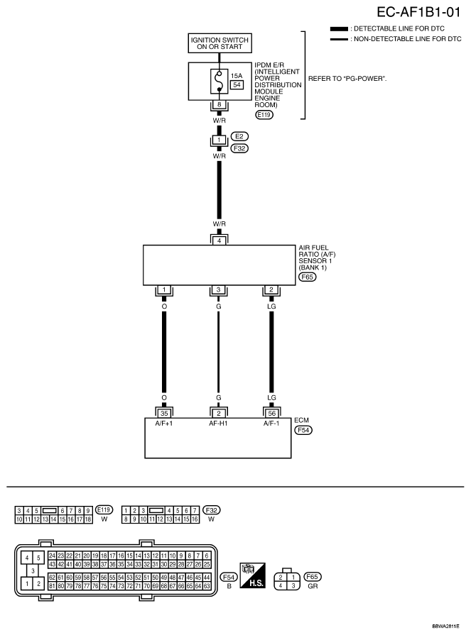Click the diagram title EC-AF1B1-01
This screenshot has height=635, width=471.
pos(418,12)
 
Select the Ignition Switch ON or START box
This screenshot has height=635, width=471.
pos(220,43)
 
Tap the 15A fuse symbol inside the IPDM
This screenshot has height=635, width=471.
pos(220,81)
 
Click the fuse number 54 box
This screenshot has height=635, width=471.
pos(237,84)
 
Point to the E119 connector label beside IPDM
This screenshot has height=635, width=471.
pos(264,115)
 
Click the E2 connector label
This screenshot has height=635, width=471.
pos(239,136)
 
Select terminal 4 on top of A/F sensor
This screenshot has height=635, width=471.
pos(220,241)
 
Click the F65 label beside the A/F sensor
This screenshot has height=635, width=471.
pos(307,277)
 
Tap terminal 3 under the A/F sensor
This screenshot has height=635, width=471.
pos(219,289)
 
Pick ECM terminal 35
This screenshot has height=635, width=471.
pos(164,414)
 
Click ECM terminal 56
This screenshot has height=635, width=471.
pos(272,414)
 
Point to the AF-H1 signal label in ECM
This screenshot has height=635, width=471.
pos(218,424)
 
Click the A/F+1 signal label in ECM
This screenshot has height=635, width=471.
pos(164,424)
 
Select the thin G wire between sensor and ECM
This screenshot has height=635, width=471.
pos(219,352)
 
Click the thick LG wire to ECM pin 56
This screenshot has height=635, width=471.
pos(271,352)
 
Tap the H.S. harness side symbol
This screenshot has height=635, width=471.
pos(252,575)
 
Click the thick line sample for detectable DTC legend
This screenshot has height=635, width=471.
pos(339,29)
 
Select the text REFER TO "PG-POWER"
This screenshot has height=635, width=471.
pos(347,79)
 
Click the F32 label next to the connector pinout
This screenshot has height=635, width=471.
pos(211,510)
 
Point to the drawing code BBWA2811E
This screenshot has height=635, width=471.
pos(446,626)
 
